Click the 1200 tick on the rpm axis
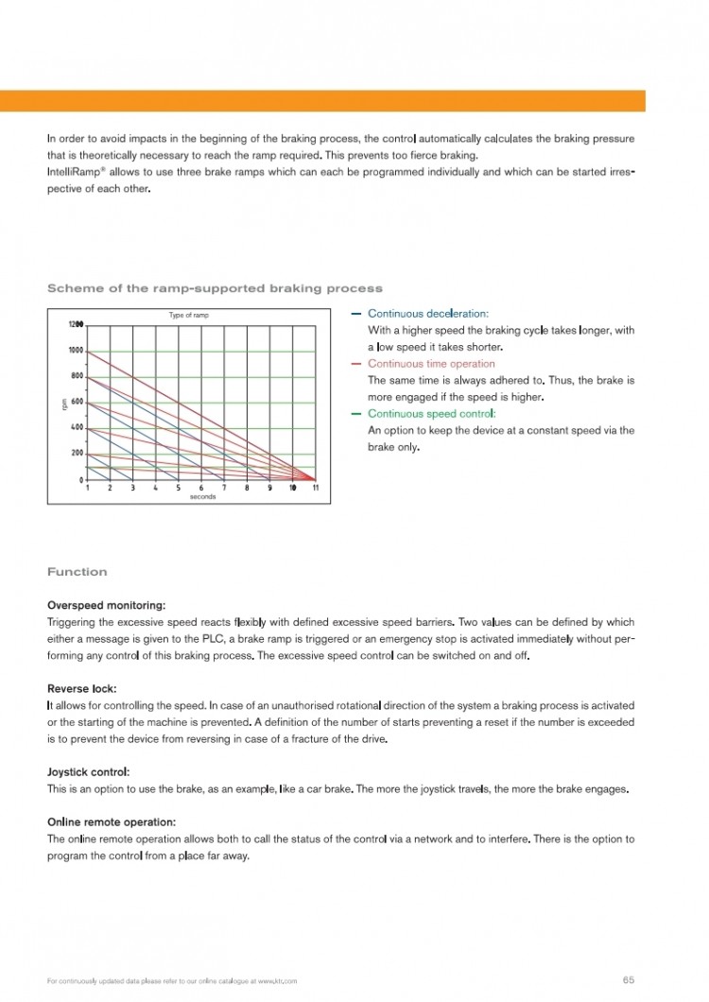point(76,324)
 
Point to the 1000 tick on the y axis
point(76,350)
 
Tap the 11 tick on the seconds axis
point(315,488)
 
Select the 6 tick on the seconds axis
point(201,488)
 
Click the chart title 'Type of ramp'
point(189,315)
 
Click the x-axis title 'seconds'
point(202,496)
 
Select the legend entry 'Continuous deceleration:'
point(428,314)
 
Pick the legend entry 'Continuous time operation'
point(431,364)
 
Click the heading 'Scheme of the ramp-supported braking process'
point(215,288)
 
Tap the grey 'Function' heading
point(78,572)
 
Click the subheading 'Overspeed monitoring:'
point(106,605)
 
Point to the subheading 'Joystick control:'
point(89,772)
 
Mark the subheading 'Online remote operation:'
point(112,822)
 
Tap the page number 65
point(629,979)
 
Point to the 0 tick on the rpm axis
point(81,479)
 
